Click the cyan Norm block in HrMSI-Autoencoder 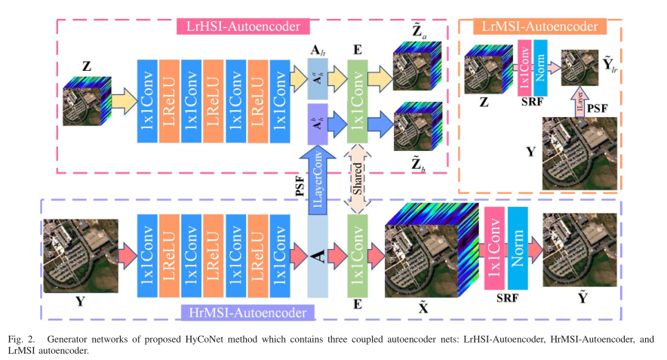[518, 249]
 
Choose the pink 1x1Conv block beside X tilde [493, 249]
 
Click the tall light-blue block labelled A [318, 257]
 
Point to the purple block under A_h [318, 124]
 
